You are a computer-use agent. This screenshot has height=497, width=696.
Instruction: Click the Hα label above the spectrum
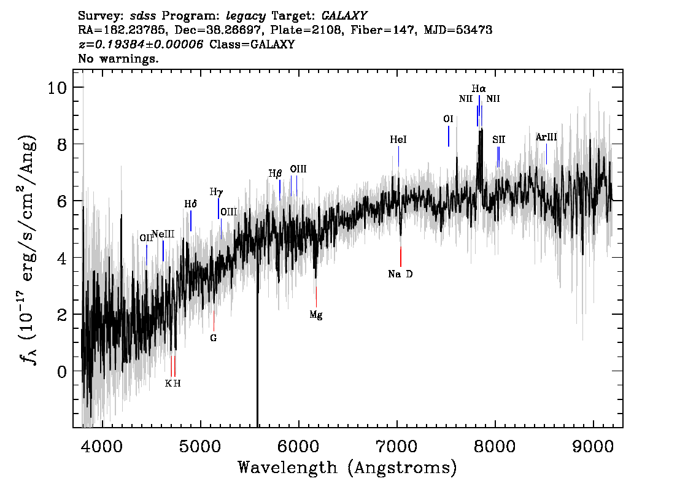pyautogui.click(x=479, y=89)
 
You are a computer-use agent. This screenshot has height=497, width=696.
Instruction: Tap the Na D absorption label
pyautogui.click(x=400, y=274)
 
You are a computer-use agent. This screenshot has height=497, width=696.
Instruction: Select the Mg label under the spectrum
pyautogui.click(x=315, y=315)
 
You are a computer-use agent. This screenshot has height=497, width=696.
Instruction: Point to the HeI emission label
pyautogui.click(x=398, y=139)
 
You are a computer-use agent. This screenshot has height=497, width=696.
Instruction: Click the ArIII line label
pyautogui.click(x=546, y=137)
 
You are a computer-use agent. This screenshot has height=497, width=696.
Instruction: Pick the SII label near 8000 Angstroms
pyautogui.click(x=498, y=140)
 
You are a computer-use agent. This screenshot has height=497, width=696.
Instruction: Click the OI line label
pyautogui.click(x=448, y=119)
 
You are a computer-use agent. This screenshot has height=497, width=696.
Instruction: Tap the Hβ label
pyautogui.click(x=275, y=174)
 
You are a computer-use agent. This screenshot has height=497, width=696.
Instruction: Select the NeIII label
pyautogui.click(x=163, y=234)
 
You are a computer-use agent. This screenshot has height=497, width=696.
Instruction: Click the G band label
pyautogui.click(x=214, y=338)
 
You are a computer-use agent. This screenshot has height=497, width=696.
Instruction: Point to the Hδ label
pyautogui.click(x=190, y=204)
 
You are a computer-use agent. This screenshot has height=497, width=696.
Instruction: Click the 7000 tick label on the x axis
pyautogui.click(x=396, y=446)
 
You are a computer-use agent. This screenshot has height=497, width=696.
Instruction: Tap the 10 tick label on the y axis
pyautogui.click(x=57, y=87)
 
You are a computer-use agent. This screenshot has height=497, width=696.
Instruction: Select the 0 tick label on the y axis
pyautogui.click(x=62, y=371)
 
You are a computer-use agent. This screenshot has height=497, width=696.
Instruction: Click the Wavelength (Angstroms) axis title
pyautogui.click(x=347, y=468)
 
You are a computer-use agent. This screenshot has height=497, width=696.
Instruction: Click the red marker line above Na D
pyautogui.click(x=401, y=256)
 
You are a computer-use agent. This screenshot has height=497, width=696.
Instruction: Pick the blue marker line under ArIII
pyautogui.click(x=546, y=154)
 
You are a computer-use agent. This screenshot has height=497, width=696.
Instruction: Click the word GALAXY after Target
pyautogui.click(x=344, y=16)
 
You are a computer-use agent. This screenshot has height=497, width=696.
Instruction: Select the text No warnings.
pyautogui.click(x=118, y=58)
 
